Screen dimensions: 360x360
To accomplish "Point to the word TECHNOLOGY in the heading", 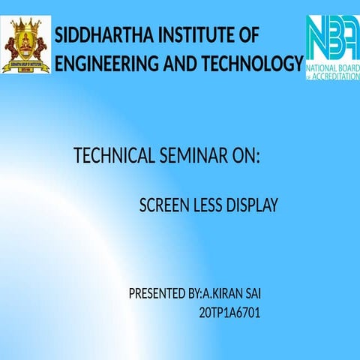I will (x=253, y=64).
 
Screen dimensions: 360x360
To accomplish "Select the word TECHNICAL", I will (x=115, y=157).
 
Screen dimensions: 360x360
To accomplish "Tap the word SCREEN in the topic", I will (x=163, y=205).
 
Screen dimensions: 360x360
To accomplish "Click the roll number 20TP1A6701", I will (x=229, y=310).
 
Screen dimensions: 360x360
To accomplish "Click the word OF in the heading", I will (x=246, y=36).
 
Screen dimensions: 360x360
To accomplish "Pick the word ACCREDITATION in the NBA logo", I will (x=334, y=76).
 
